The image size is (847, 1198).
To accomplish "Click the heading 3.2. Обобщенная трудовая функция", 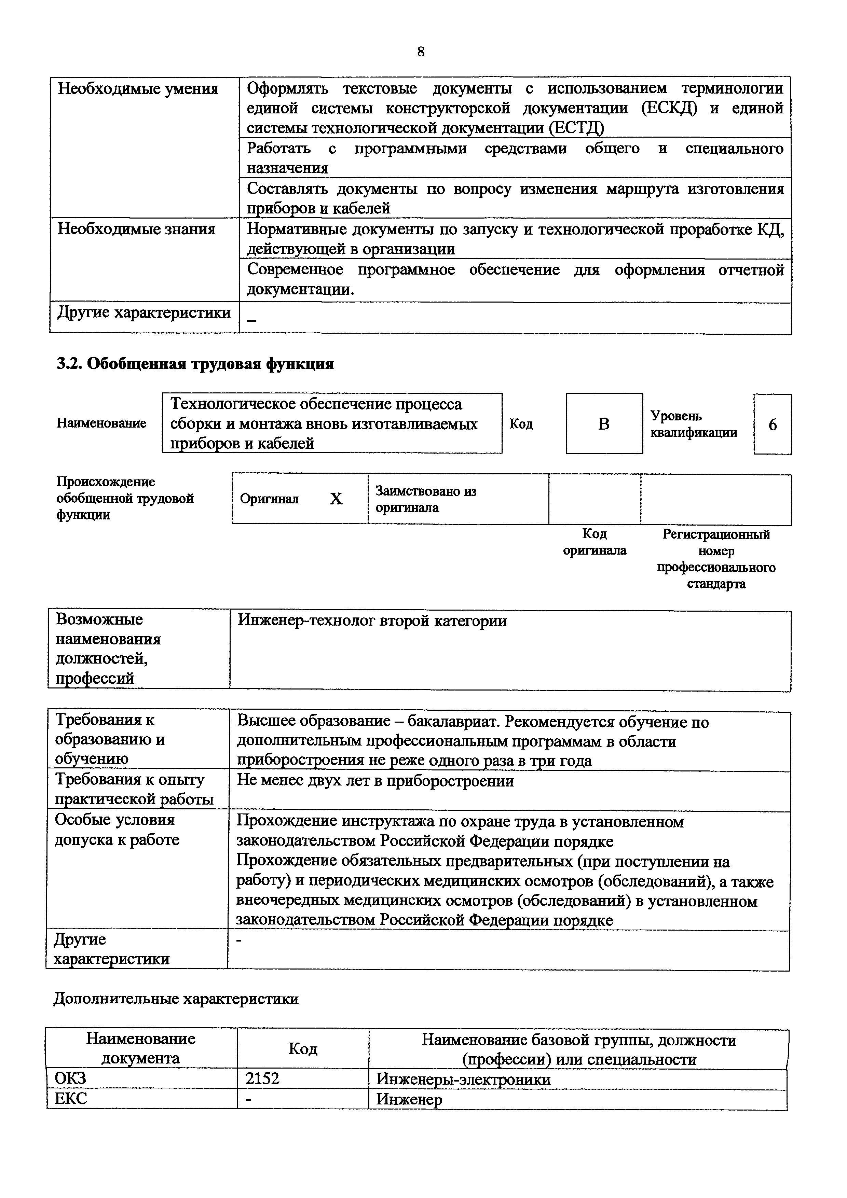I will coord(195,364).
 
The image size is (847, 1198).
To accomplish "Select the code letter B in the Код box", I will coord(604,424).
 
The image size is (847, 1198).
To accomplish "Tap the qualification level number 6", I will coord(773,425).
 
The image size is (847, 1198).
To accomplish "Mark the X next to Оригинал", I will coord(336,499).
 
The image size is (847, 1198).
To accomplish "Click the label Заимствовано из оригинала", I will coord(425,499).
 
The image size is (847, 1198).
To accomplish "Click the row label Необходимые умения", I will coord(138,89).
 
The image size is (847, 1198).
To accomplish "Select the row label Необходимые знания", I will coord(136,229).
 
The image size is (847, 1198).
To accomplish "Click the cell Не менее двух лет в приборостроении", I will coord(375,781).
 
